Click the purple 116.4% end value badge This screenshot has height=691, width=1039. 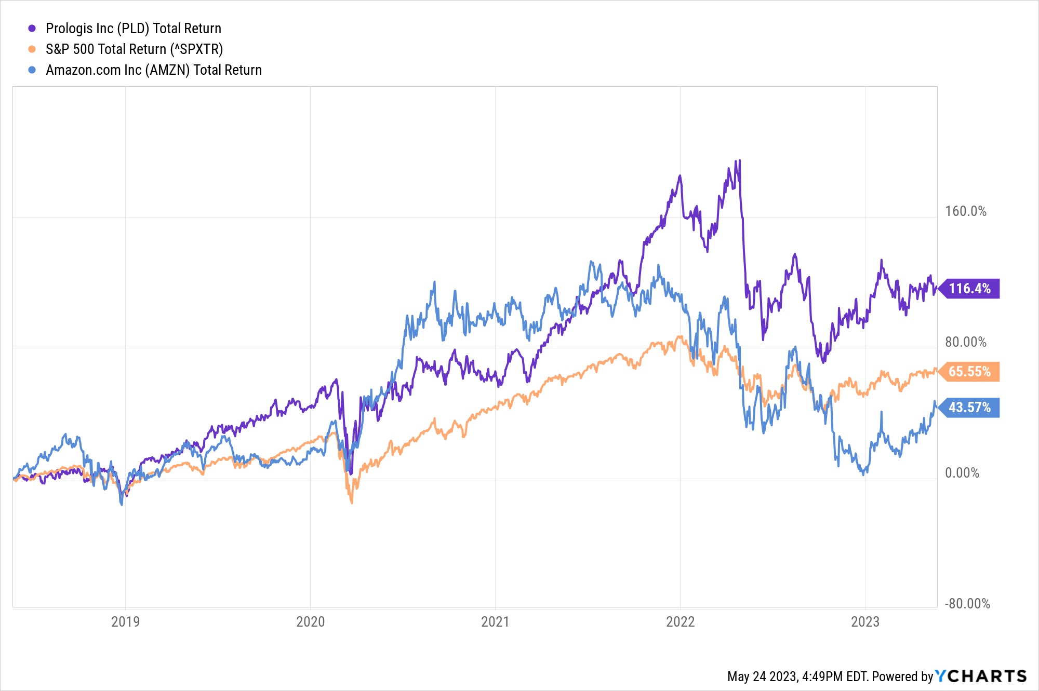point(969,289)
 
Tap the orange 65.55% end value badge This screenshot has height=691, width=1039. point(969,372)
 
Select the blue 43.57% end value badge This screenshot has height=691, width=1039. point(969,408)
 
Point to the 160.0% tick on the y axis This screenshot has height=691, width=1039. point(965,211)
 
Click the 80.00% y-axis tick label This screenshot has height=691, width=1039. point(965,342)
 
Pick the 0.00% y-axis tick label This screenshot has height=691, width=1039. point(962,473)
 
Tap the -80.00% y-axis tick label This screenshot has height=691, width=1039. point(967,604)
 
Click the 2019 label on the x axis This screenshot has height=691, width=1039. point(125,622)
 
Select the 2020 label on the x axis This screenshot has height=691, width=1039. point(310,622)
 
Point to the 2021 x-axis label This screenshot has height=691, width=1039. point(495,622)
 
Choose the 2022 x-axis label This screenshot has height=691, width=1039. point(680,622)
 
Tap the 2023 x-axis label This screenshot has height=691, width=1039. point(865,622)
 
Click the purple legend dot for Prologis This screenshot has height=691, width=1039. point(32,29)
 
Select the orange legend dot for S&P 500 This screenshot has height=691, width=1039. point(32,49)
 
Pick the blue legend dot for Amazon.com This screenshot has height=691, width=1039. point(32,70)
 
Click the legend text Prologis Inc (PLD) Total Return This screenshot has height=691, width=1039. point(134,29)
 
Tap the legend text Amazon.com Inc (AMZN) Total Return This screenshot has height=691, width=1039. point(154,70)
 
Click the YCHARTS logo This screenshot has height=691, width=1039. point(981,676)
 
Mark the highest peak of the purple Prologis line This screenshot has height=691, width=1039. point(739,160)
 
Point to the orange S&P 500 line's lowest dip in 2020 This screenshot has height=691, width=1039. point(352,503)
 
